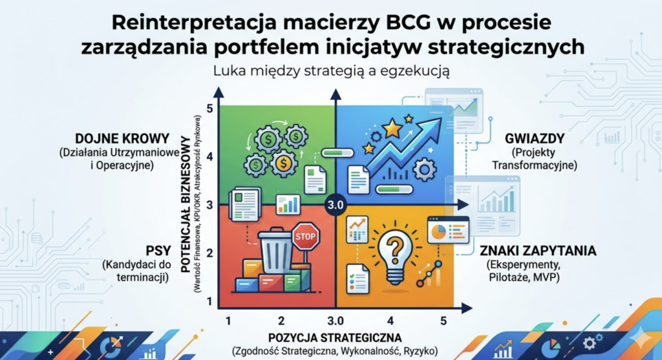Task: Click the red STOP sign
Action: pos(305,237)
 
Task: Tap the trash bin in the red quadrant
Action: pos(276,251)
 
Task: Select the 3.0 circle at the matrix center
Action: pos(336,205)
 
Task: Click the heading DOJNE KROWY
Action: pos(114,139)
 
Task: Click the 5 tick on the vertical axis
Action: pos(209,108)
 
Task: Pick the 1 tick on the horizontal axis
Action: pos(228,321)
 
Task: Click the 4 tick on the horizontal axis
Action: pos(390,321)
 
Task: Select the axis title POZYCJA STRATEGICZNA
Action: pos(336,337)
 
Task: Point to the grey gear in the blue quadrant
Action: pos(424,170)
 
